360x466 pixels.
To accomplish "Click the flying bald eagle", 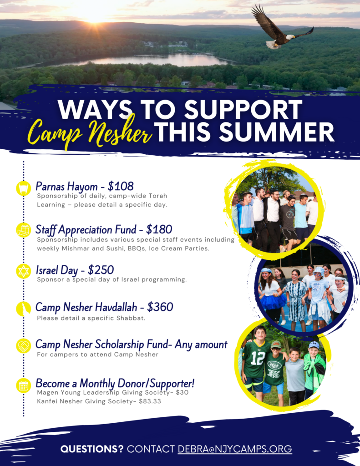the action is (x=281, y=28).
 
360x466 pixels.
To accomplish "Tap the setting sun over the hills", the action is (x=95, y=16).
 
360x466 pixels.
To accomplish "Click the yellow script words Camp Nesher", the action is (x=89, y=132).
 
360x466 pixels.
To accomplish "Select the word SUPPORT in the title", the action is (x=243, y=109).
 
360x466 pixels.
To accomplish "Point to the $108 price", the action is (x=121, y=186).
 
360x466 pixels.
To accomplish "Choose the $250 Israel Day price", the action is (x=101, y=270).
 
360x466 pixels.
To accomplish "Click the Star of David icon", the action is (x=24, y=271).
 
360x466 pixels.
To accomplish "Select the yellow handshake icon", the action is (x=24, y=346).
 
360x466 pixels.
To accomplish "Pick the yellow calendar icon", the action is (x=24, y=385).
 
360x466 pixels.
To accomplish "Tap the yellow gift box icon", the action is (x=24, y=230).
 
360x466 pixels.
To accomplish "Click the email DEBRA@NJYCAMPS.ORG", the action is (x=235, y=449).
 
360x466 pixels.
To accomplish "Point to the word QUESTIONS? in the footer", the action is (x=91, y=449).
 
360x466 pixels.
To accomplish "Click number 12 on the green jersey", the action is (x=258, y=358).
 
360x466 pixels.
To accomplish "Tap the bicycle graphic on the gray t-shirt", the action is (x=290, y=213).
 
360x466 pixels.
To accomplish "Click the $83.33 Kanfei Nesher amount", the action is (x=150, y=401).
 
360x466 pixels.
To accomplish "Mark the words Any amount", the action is (x=201, y=344).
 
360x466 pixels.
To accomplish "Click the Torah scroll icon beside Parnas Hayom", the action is (x=24, y=188).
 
